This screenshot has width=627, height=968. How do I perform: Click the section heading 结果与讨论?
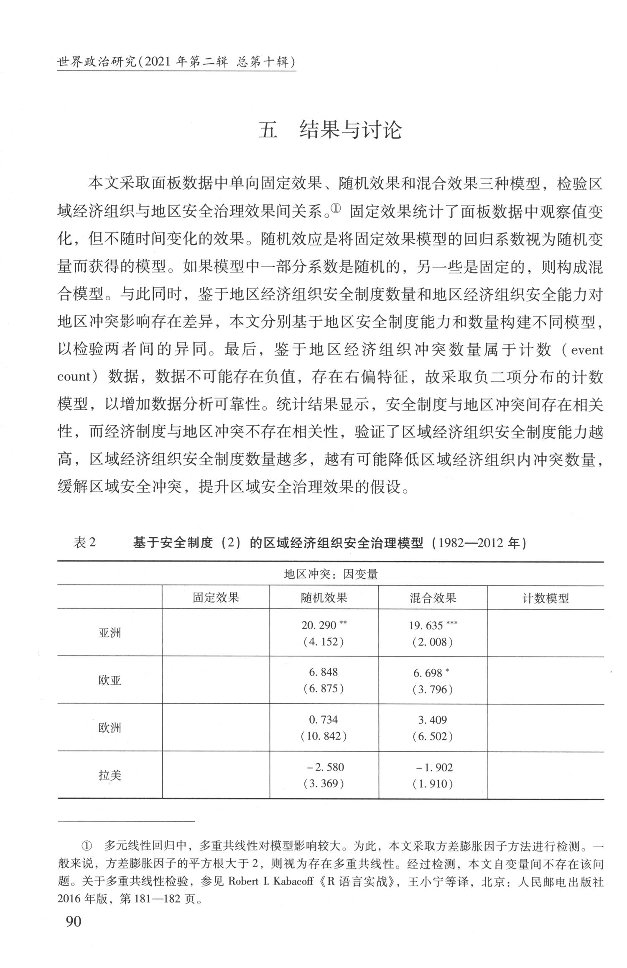pyautogui.click(x=330, y=130)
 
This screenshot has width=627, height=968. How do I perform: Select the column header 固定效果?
pyautogui.click(x=216, y=598)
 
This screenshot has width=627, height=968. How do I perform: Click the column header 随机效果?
pyautogui.click(x=324, y=598)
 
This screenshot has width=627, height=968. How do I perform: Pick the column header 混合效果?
pyautogui.click(x=433, y=598)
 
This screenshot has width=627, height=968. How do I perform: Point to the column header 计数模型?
pyautogui.click(x=545, y=598)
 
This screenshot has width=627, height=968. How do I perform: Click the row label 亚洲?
pyautogui.click(x=110, y=633)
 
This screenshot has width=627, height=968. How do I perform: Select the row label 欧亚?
pyautogui.click(x=110, y=680)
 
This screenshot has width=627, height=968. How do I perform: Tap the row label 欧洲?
pyautogui.click(x=110, y=728)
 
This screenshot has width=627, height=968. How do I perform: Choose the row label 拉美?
pyautogui.click(x=110, y=776)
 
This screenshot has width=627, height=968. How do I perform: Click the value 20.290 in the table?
pyautogui.click(x=319, y=625)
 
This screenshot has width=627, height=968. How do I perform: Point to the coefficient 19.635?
pyautogui.click(x=426, y=626)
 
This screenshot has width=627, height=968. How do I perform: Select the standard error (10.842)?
pyautogui.click(x=324, y=736)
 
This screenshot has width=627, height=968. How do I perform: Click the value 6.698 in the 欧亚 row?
pyautogui.click(x=428, y=673)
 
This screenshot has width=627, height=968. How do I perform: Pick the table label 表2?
pyautogui.click(x=84, y=543)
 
